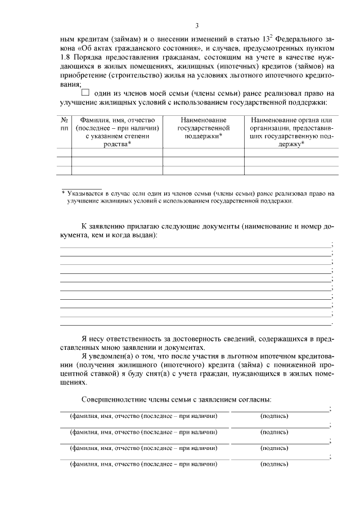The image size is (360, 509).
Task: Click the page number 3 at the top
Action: click(197, 25)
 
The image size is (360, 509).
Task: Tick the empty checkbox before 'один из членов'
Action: click(85, 93)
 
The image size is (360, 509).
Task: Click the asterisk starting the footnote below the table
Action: click(63, 193)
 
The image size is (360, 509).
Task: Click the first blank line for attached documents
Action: click(196, 246)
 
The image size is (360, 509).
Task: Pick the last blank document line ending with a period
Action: click(196, 324)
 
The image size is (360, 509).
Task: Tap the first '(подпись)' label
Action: click(274, 416)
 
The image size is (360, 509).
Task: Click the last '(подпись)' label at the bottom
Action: click(274, 465)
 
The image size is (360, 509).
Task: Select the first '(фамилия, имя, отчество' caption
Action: click(143, 416)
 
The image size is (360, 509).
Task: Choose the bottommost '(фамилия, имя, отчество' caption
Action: click(143, 465)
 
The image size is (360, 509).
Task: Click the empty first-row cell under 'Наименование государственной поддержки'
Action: click(204, 152)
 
